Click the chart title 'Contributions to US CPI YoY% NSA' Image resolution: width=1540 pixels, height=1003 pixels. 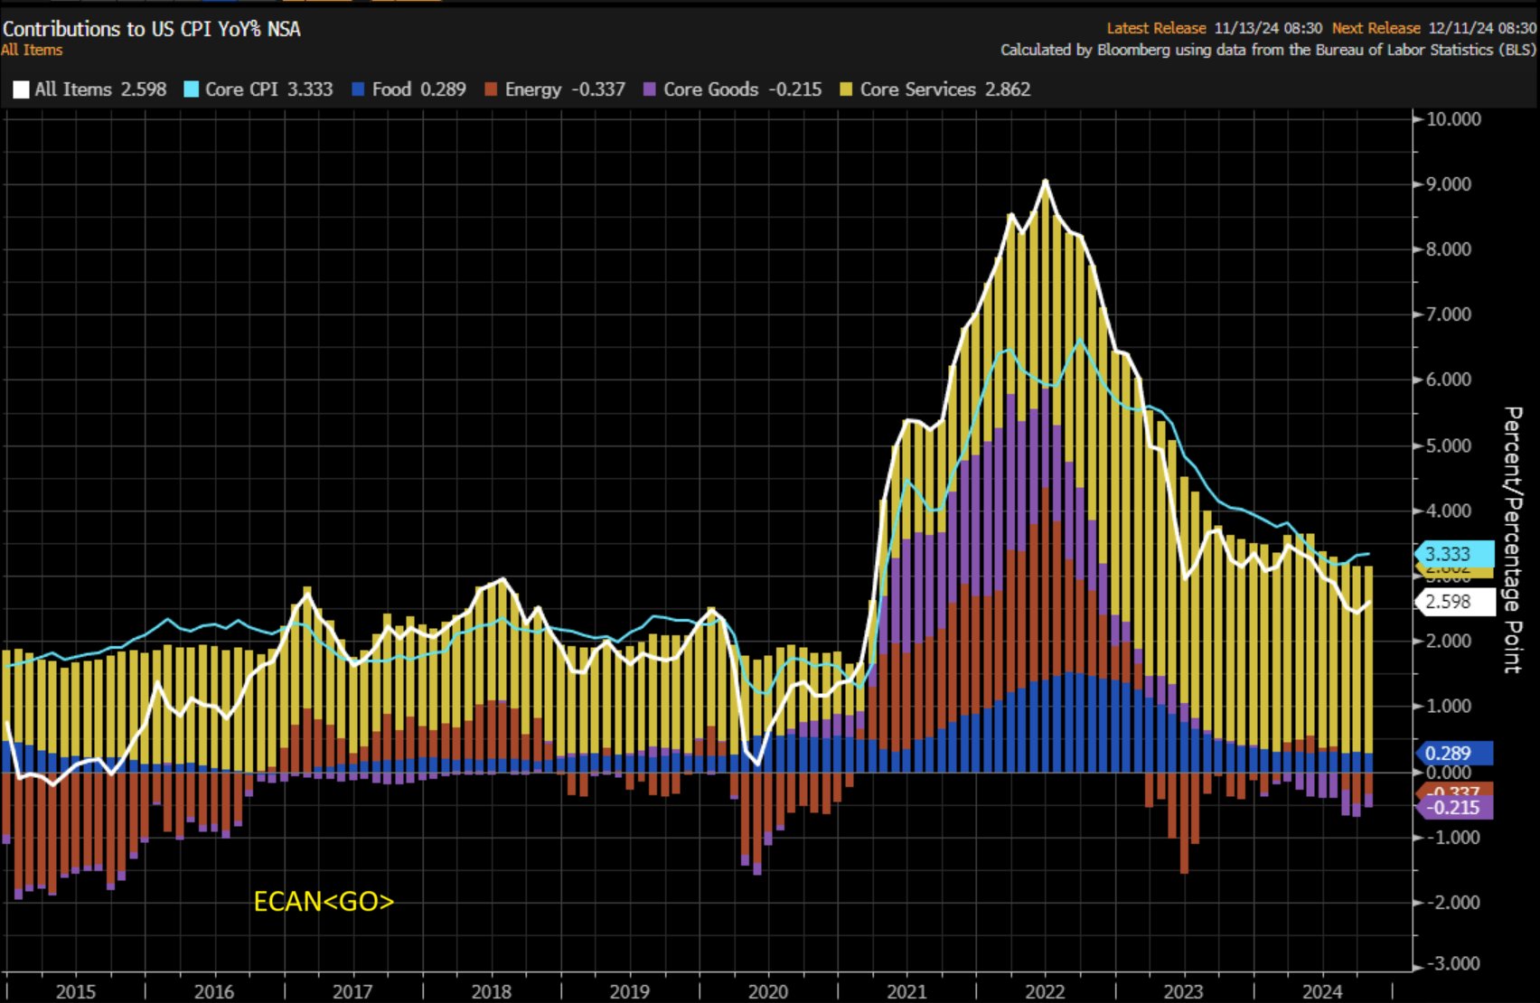(x=152, y=29)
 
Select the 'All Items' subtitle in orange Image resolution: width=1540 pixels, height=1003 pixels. (x=33, y=51)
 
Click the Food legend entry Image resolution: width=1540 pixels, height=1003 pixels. (x=408, y=89)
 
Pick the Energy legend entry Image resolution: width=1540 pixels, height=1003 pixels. (x=554, y=89)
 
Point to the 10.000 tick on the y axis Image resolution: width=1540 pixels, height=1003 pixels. (x=1453, y=119)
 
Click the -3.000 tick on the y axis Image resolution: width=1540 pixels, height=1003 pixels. (x=1451, y=964)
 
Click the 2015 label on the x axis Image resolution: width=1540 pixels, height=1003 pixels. (x=76, y=991)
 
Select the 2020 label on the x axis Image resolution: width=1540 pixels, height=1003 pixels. (x=768, y=991)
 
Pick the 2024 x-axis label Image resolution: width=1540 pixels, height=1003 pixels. (x=1322, y=991)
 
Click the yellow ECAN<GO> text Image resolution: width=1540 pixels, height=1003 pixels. (x=324, y=902)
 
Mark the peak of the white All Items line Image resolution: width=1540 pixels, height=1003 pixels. (x=1046, y=182)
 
